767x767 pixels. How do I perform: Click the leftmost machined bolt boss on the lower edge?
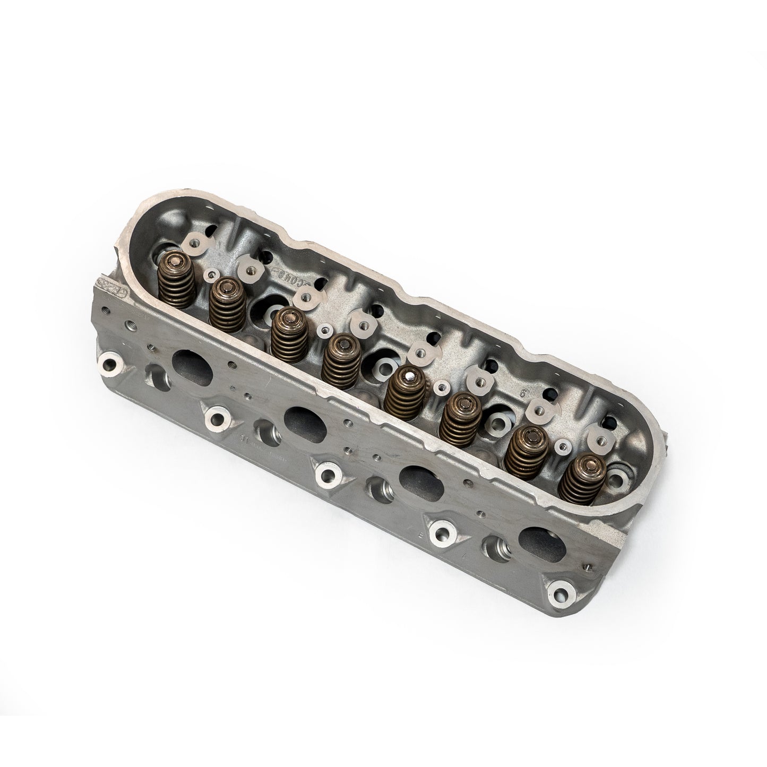[x=108, y=365]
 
